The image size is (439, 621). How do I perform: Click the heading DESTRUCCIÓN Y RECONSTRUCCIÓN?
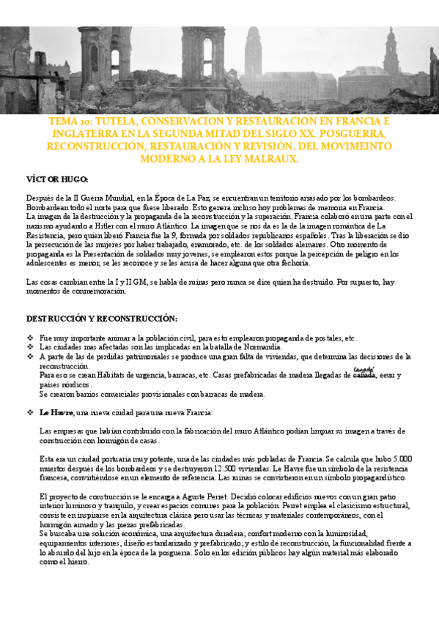point(102,319)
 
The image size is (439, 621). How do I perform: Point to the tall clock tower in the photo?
point(253,51)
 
